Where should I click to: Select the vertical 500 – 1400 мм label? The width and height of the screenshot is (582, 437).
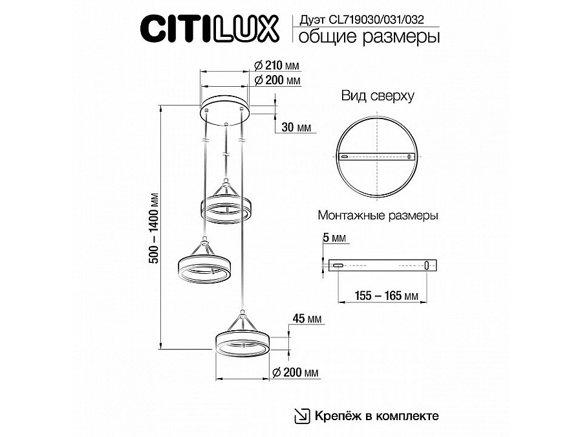click(155, 227)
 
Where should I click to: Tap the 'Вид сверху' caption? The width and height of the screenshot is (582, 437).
click(378, 97)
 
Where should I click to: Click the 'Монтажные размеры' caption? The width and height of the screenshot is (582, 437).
click(378, 216)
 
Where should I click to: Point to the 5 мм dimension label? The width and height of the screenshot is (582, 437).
click(335, 239)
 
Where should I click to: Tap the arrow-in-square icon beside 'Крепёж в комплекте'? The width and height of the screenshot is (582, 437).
click(302, 415)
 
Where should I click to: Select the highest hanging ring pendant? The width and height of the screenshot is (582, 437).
click(226, 207)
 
